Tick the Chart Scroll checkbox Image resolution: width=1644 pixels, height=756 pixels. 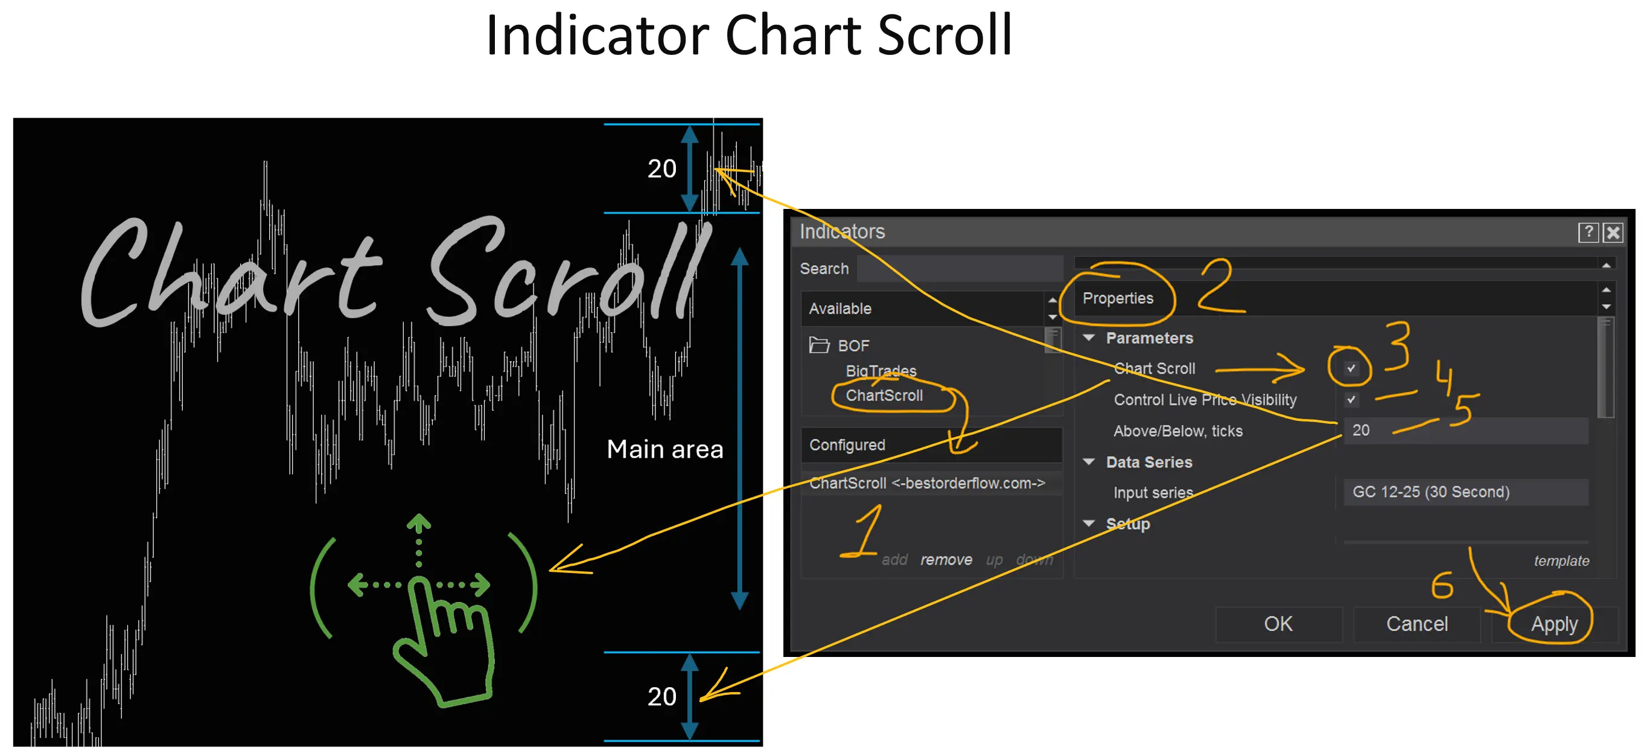(1351, 368)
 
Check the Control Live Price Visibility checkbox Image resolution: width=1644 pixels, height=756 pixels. (1351, 400)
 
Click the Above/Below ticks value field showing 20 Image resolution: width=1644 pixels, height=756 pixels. (1465, 431)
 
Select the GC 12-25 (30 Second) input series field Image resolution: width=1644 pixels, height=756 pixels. (1465, 492)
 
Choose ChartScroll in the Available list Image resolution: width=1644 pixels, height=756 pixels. (884, 396)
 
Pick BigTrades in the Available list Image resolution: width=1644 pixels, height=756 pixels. (881, 370)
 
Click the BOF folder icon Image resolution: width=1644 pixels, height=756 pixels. (819, 345)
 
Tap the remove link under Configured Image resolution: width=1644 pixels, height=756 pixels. (946, 560)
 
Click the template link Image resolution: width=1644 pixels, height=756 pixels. (1561, 560)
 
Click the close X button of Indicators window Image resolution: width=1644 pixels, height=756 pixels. (1613, 232)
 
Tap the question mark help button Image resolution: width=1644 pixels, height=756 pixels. (1588, 232)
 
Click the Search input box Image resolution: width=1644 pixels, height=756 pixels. (959, 269)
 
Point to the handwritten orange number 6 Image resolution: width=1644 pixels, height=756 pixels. (1442, 586)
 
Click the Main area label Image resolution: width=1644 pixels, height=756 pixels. (665, 449)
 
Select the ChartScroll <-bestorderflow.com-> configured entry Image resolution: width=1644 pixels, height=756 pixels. (926, 483)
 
